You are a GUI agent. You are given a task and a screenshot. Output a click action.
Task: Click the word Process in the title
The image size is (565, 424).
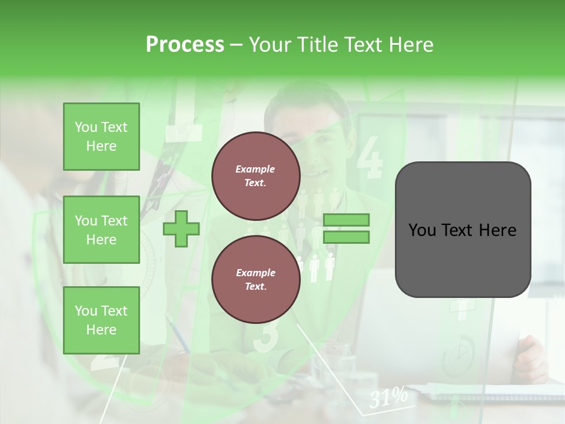185,45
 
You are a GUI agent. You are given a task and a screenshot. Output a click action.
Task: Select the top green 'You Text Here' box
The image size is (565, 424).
101,137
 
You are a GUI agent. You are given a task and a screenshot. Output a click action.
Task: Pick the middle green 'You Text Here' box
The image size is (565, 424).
101,230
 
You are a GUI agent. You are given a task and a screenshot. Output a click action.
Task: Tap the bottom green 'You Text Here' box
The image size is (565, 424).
101,320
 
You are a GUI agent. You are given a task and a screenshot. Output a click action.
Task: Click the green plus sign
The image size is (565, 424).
181,228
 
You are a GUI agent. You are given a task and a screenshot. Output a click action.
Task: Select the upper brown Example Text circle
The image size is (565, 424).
255,176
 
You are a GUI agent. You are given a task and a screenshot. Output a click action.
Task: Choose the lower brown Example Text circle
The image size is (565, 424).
255,280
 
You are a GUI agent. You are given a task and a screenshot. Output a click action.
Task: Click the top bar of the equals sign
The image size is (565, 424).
346,220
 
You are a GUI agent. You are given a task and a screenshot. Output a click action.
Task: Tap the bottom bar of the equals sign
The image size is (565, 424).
346,237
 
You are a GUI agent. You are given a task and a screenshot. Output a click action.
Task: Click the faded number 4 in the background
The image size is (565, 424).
370,158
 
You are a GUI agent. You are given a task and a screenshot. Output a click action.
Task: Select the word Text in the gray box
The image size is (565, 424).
458,230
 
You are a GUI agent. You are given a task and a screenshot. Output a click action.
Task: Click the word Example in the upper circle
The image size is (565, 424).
255,169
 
